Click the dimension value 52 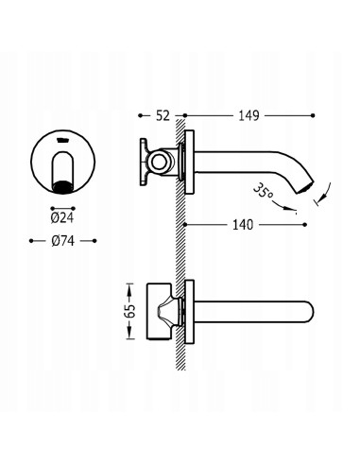(163, 115)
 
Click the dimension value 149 (249, 115)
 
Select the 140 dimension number (243, 225)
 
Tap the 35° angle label (263, 191)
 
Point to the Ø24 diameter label (62, 217)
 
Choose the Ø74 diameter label (62, 241)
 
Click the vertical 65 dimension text (130, 311)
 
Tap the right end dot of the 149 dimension (313, 115)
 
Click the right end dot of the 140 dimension (304, 225)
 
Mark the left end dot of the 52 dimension (141, 115)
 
